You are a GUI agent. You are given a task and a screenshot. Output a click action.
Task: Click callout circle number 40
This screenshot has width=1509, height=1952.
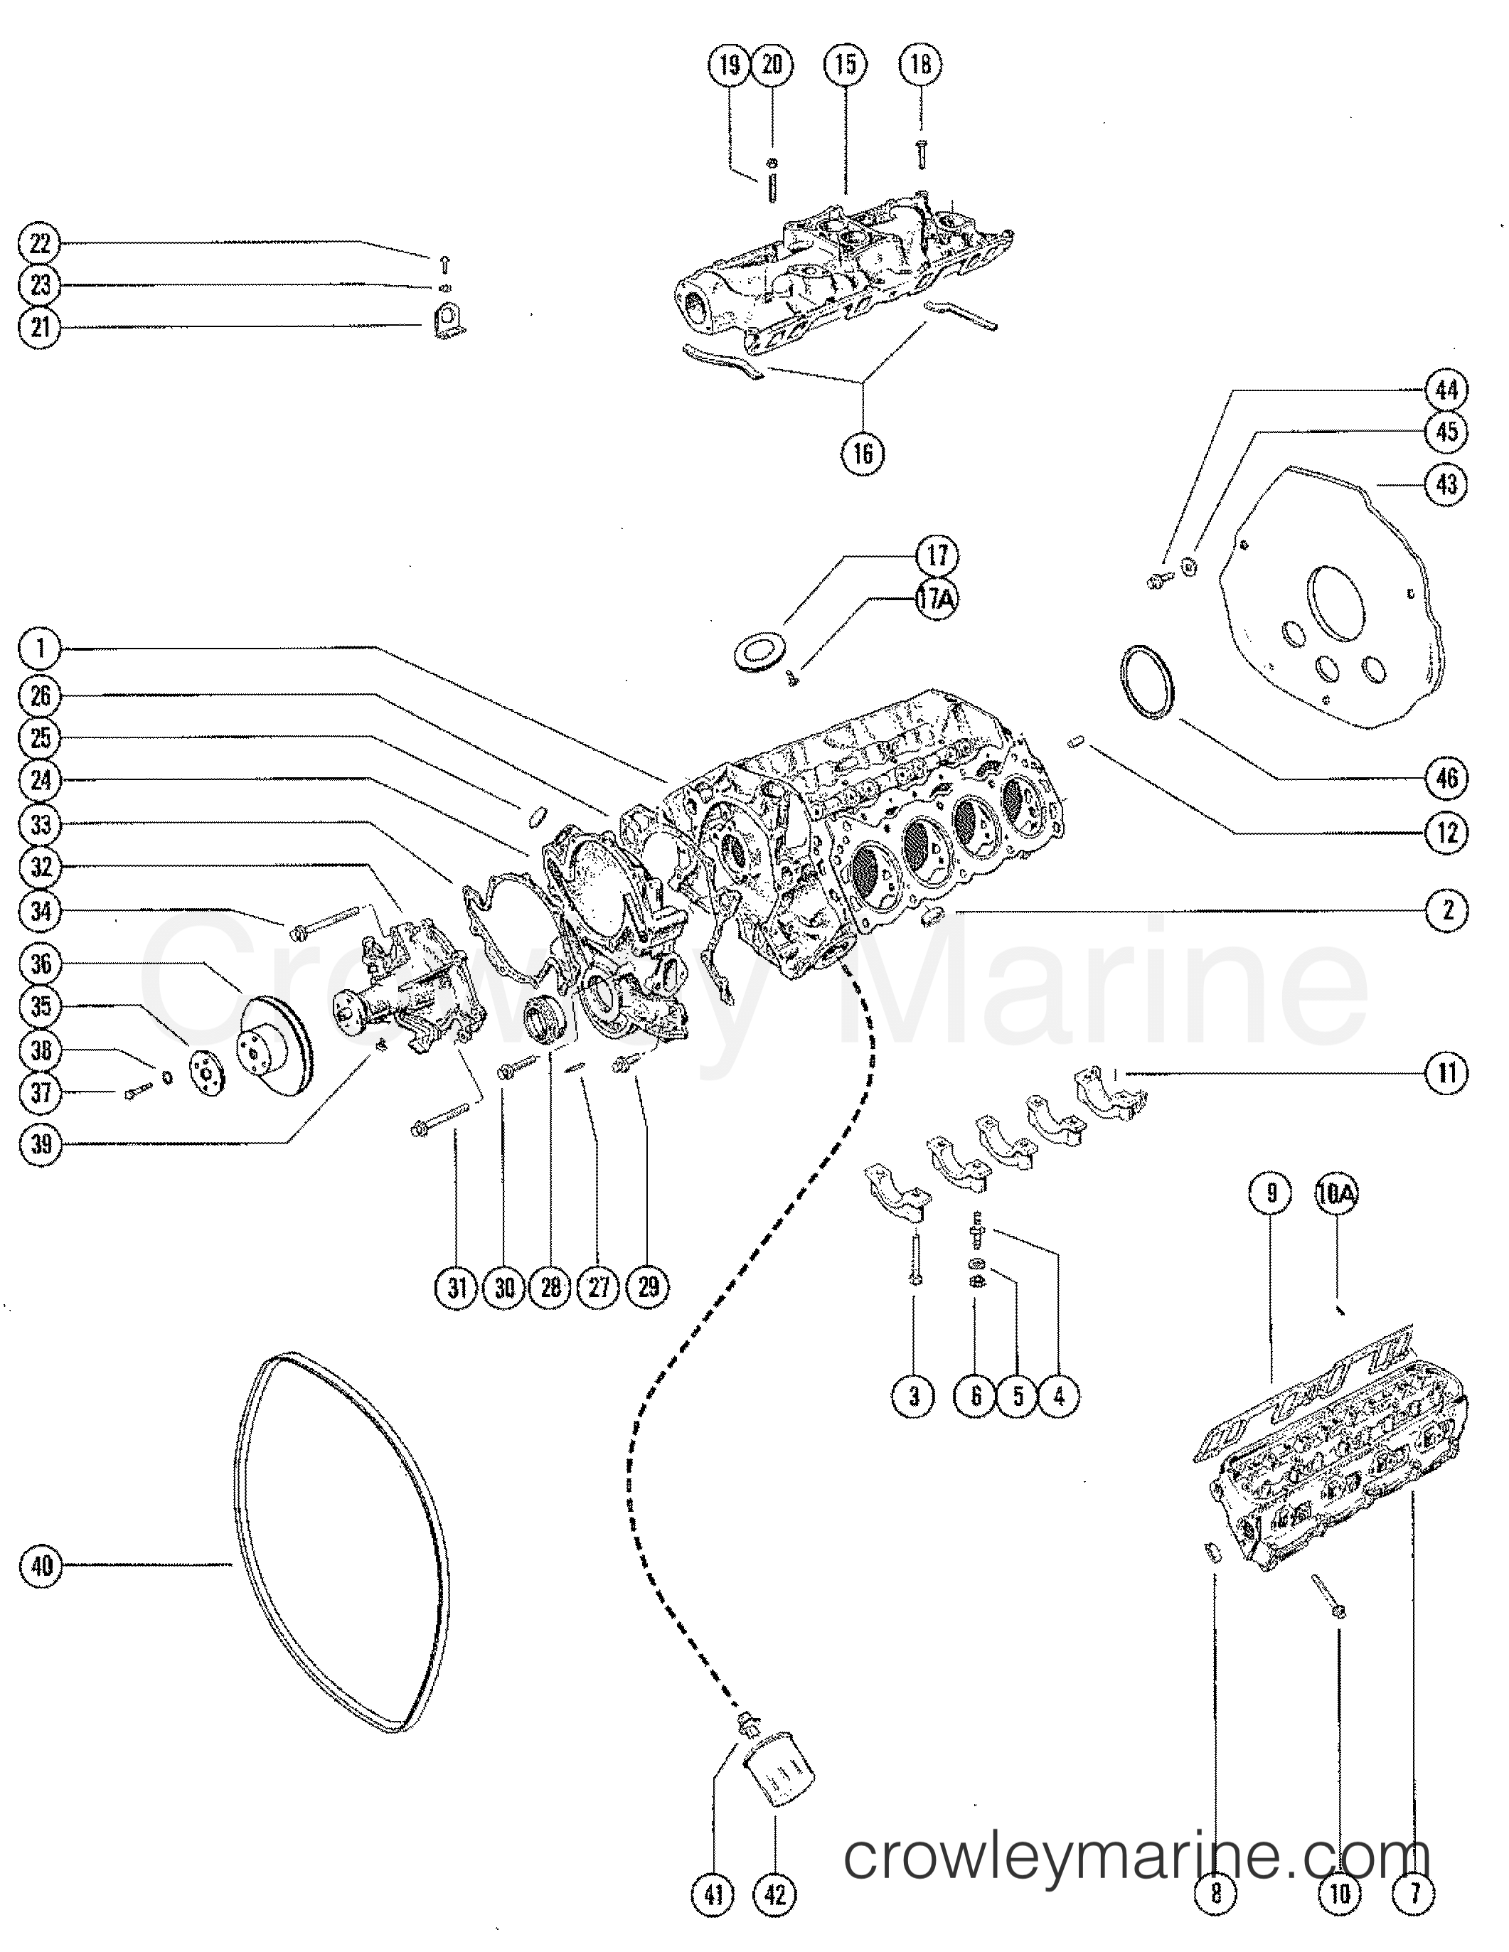[x=41, y=1565]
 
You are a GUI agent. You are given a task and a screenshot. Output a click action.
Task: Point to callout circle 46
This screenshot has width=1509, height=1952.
[x=1446, y=779]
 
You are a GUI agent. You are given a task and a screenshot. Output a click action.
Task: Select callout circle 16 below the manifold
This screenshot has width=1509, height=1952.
[x=863, y=453]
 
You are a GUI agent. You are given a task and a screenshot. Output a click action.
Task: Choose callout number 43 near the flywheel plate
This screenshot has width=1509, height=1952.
[x=1446, y=484]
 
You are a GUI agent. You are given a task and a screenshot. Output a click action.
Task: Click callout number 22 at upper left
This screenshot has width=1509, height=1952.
[x=41, y=244]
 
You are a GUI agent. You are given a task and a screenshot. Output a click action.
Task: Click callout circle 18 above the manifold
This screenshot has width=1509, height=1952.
[x=922, y=64]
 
